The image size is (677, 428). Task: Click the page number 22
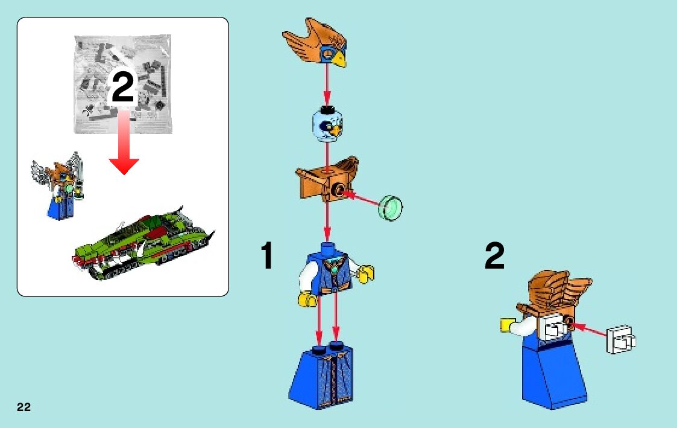[x=24, y=407]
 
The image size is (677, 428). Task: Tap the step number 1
[x=267, y=255]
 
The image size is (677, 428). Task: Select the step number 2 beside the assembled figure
[x=494, y=255]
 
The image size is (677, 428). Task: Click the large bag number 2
[x=122, y=86]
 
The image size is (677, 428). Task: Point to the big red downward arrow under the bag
[x=124, y=142]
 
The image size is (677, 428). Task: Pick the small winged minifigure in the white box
[x=58, y=186]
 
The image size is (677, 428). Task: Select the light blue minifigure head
[x=327, y=124]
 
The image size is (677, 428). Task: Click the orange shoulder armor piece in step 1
[x=327, y=179]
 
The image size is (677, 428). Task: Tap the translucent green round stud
[x=391, y=208]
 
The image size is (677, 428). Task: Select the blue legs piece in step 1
[x=321, y=375]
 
